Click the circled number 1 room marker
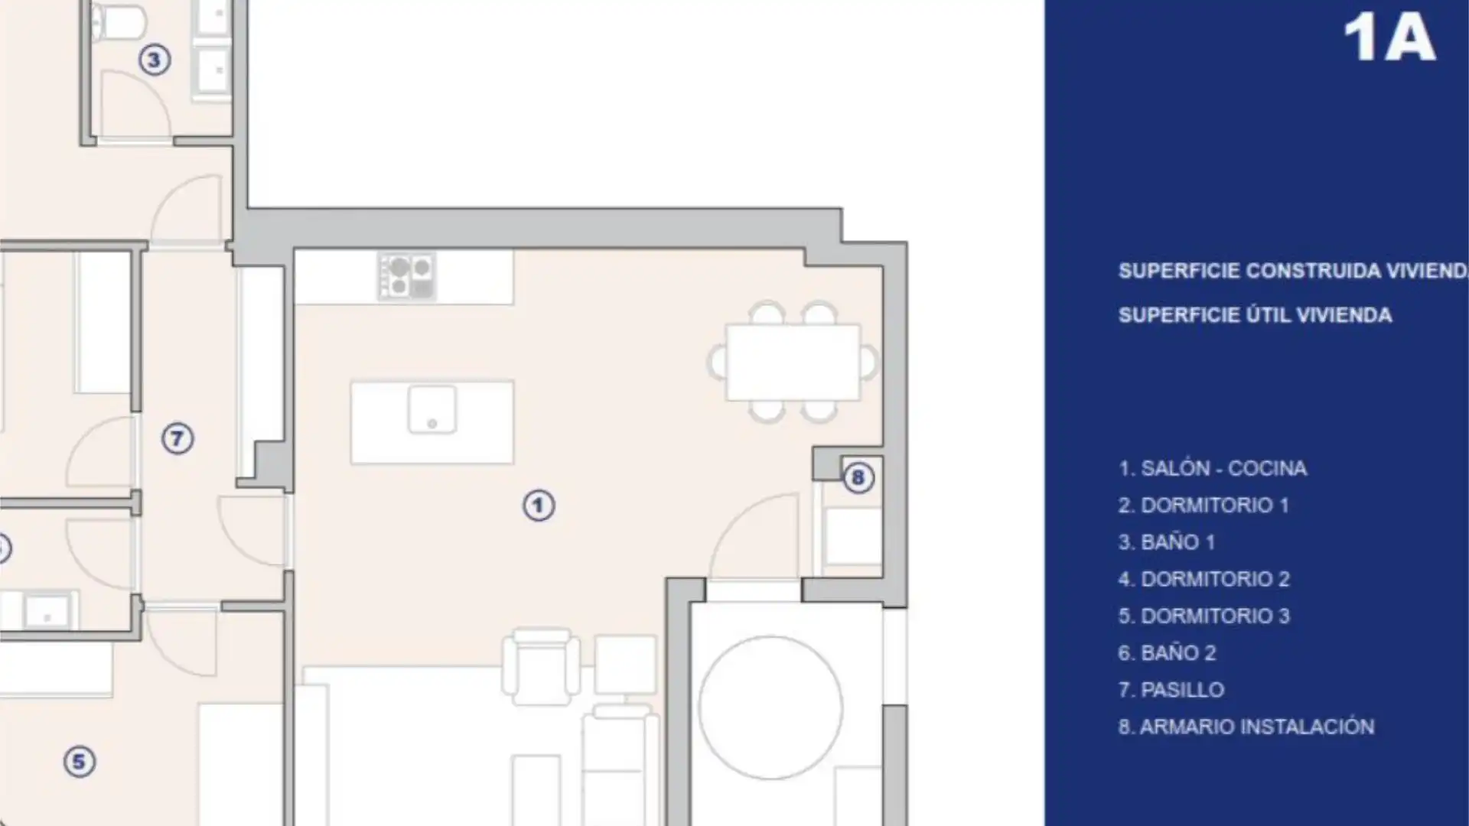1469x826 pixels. point(539,506)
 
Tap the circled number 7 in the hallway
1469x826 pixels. point(178,439)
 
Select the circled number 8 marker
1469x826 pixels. point(858,478)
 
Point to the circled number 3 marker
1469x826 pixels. point(154,60)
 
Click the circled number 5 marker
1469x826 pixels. point(79,762)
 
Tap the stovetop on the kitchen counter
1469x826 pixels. point(406,276)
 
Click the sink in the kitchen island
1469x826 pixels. point(432,410)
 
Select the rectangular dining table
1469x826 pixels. point(793,363)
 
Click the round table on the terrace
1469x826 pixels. point(771,708)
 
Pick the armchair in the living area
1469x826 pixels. point(541,666)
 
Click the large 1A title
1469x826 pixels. point(1389,38)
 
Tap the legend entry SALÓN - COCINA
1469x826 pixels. point(1223,468)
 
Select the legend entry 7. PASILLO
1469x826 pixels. point(1171,690)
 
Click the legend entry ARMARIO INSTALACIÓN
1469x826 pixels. point(1257,727)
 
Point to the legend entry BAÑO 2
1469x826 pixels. point(1178,653)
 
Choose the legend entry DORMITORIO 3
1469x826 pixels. point(1215,616)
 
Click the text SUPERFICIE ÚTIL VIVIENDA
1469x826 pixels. point(1255,315)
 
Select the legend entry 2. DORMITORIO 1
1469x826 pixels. point(1204,505)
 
